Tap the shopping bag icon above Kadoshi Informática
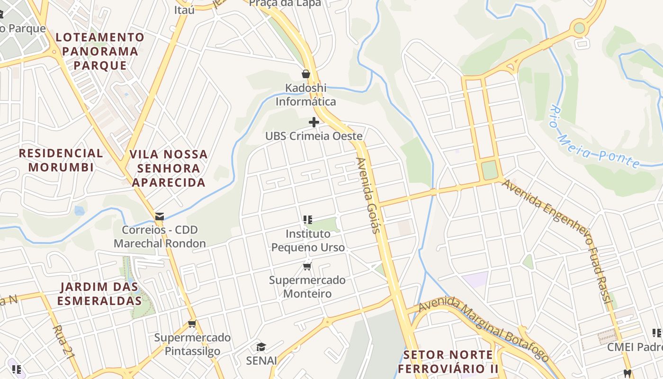(x=306, y=74)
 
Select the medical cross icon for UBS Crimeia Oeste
(x=314, y=122)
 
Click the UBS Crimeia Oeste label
(x=314, y=136)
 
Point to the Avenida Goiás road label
(x=368, y=196)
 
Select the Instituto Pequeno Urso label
(x=308, y=241)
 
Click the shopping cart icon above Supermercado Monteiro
(x=307, y=266)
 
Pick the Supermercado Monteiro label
(x=307, y=287)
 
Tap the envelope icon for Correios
(x=160, y=217)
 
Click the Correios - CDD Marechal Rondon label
(x=160, y=237)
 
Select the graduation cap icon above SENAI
(x=261, y=347)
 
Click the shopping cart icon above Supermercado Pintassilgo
(x=192, y=324)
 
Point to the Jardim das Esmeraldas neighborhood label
(x=99, y=294)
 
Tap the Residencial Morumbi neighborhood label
(x=61, y=160)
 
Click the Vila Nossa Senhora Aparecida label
(x=169, y=168)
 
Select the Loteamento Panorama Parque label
(x=100, y=51)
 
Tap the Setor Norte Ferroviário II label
(x=448, y=361)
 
